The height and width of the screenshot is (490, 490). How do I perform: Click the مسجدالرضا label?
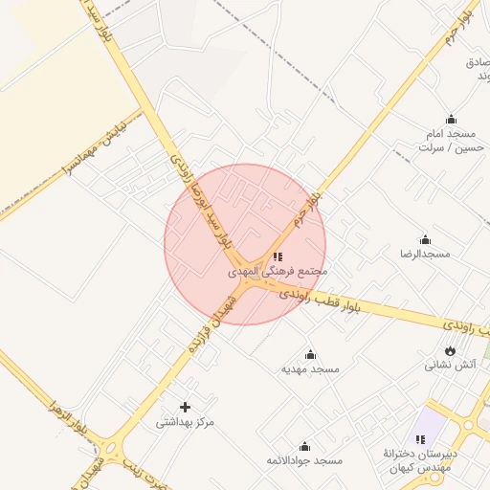tap(425, 254)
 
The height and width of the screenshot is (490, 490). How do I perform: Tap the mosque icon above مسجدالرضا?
tap(425, 239)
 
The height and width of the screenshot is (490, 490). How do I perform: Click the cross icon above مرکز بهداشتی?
tap(186, 407)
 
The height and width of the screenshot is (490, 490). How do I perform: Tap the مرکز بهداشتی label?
tap(186, 421)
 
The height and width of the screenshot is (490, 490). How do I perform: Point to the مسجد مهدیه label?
tap(311, 368)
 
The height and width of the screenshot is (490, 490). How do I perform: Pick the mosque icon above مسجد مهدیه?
tap(310, 354)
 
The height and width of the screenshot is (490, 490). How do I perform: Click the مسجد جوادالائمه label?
tap(305, 460)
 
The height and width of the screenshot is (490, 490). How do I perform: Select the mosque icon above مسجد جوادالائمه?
tap(305, 446)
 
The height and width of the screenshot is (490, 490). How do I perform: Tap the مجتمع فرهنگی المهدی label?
tap(278, 272)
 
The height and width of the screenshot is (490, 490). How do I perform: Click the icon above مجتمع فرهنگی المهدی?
tap(278, 256)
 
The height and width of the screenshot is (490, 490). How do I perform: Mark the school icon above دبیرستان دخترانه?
tap(419, 439)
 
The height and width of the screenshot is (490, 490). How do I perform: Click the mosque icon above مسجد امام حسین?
tap(451, 120)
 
